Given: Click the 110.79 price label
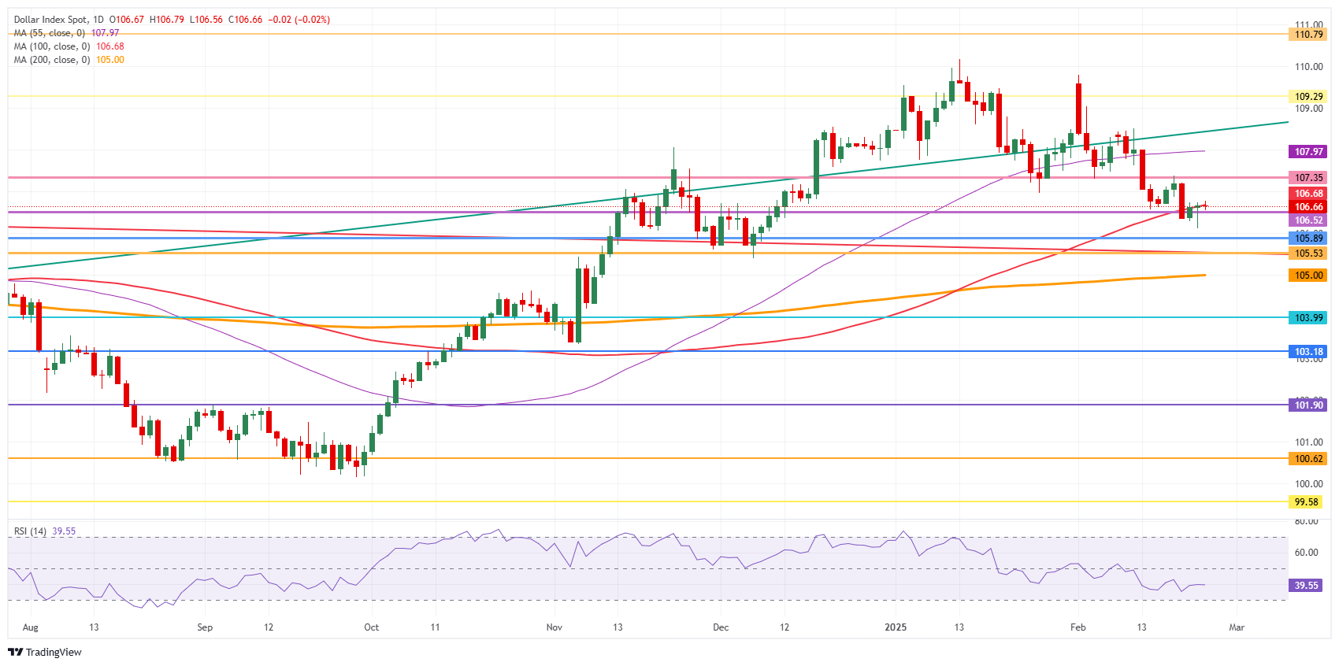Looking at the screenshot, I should (x=1308, y=34).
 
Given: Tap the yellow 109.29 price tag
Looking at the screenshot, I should (x=1308, y=96).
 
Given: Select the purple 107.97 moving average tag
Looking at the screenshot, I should (x=1308, y=151).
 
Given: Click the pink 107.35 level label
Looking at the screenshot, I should (x=1308, y=177).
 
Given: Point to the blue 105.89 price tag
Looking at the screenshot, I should (x=1308, y=238).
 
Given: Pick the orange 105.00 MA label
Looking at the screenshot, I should (x=1308, y=275).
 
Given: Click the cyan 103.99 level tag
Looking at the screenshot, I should (x=1308, y=317).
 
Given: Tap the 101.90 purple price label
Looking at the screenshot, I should (x=1308, y=405).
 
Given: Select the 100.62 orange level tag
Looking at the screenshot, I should (x=1308, y=458).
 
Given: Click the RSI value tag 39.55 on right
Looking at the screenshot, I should (x=1306, y=585).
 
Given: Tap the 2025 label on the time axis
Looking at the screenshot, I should (x=896, y=627).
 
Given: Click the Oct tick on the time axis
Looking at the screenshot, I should (x=371, y=627).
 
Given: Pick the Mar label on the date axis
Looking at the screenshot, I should (x=1237, y=627).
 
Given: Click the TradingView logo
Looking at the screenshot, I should (x=45, y=652).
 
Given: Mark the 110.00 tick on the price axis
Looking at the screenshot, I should (x=1308, y=67).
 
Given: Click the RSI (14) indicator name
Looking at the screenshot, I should (x=30, y=531).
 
